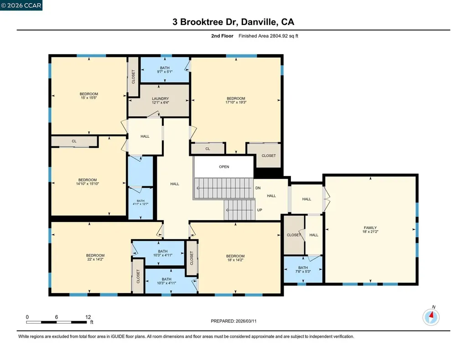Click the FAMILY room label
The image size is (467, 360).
(370, 228)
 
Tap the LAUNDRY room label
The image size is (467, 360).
(161, 98)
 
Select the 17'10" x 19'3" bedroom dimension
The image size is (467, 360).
(236, 103)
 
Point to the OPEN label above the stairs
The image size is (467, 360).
(224, 167)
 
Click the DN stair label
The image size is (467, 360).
(258, 188)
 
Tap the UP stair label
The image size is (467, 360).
(259, 210)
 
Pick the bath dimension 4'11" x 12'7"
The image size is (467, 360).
(140, 204)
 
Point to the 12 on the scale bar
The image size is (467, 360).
(88, 317)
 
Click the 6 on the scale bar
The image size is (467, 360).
(56, 317)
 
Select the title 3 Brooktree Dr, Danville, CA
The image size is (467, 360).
(233, 22)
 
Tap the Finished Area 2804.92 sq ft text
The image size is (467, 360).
(269, 36)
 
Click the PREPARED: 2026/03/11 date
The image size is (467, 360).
(236, 321)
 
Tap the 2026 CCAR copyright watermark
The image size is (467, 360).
(21, 5)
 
